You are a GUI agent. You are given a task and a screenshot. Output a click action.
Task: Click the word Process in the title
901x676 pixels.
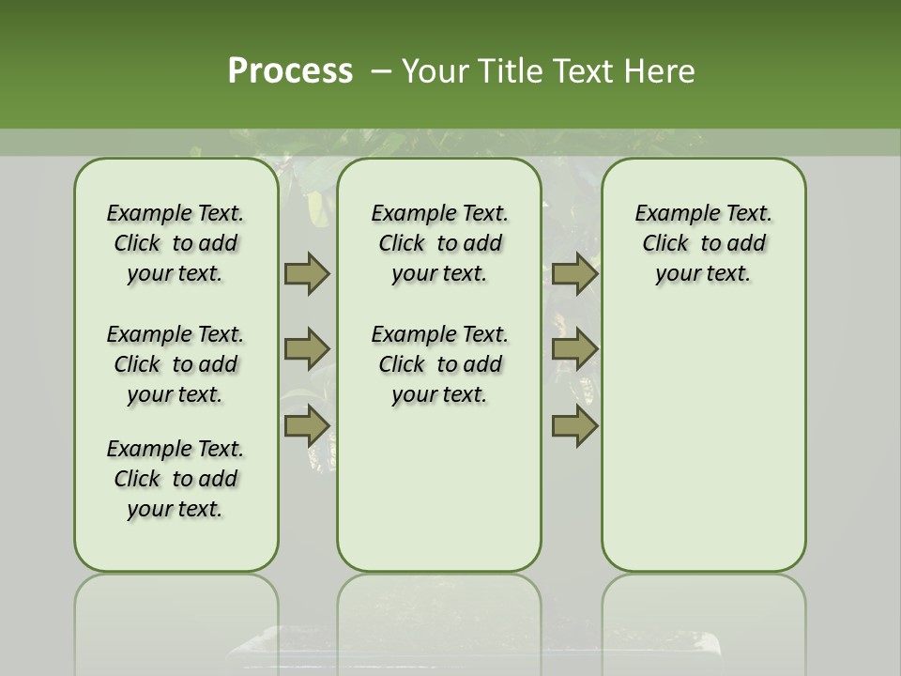point(290,71)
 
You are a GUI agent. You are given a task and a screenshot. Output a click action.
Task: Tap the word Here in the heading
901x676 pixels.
point(660,71)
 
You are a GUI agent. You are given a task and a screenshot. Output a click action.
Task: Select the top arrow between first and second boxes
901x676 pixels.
point(306,273)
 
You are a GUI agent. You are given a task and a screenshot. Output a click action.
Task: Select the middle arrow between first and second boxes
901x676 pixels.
point(306,349)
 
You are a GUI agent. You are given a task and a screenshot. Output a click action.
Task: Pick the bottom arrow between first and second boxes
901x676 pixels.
point(306,426)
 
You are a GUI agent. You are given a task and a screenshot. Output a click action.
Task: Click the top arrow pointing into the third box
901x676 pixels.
point(574,273)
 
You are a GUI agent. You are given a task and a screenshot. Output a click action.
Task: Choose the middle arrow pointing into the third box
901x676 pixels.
point(574,349)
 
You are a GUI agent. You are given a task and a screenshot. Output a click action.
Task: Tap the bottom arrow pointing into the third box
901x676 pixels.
point(574,426)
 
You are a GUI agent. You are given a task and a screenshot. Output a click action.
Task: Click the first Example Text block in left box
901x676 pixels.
point(176,243)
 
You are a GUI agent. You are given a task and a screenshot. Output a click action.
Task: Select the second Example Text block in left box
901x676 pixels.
point(176,364)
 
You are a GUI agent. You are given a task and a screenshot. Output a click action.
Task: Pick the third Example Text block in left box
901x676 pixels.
point(176,479)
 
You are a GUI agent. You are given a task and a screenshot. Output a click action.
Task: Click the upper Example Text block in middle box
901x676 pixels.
point(439,243)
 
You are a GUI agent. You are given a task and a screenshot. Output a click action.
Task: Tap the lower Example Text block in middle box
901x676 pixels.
point(439,364)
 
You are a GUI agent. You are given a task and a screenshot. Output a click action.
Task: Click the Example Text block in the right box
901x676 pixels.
point(703,243)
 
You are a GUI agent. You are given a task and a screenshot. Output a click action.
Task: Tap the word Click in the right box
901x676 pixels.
point(665,243)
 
